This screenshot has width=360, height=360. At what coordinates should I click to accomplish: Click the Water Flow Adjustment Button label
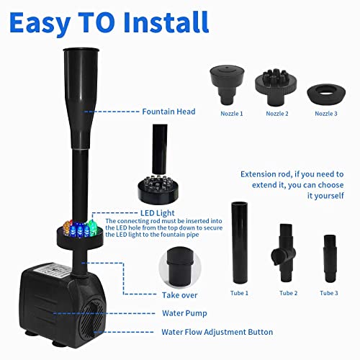[x=217, y=332]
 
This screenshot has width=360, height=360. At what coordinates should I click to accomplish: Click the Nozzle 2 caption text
[x=279, y=113]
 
